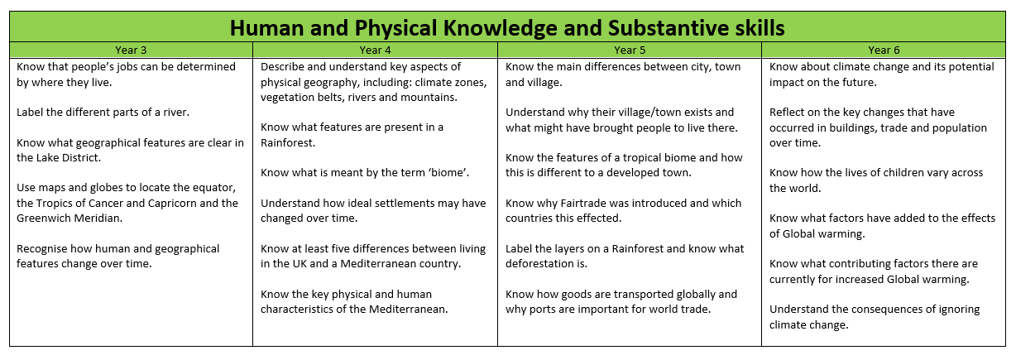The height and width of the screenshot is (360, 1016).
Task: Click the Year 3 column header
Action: tap(131, 50)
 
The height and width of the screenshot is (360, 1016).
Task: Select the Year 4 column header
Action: tap(375, 50)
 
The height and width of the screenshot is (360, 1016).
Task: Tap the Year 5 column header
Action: tap(630, 50)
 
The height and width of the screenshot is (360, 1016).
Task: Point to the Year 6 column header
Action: tap(884, 50)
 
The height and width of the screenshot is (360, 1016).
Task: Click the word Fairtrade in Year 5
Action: tap(582, 204)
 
